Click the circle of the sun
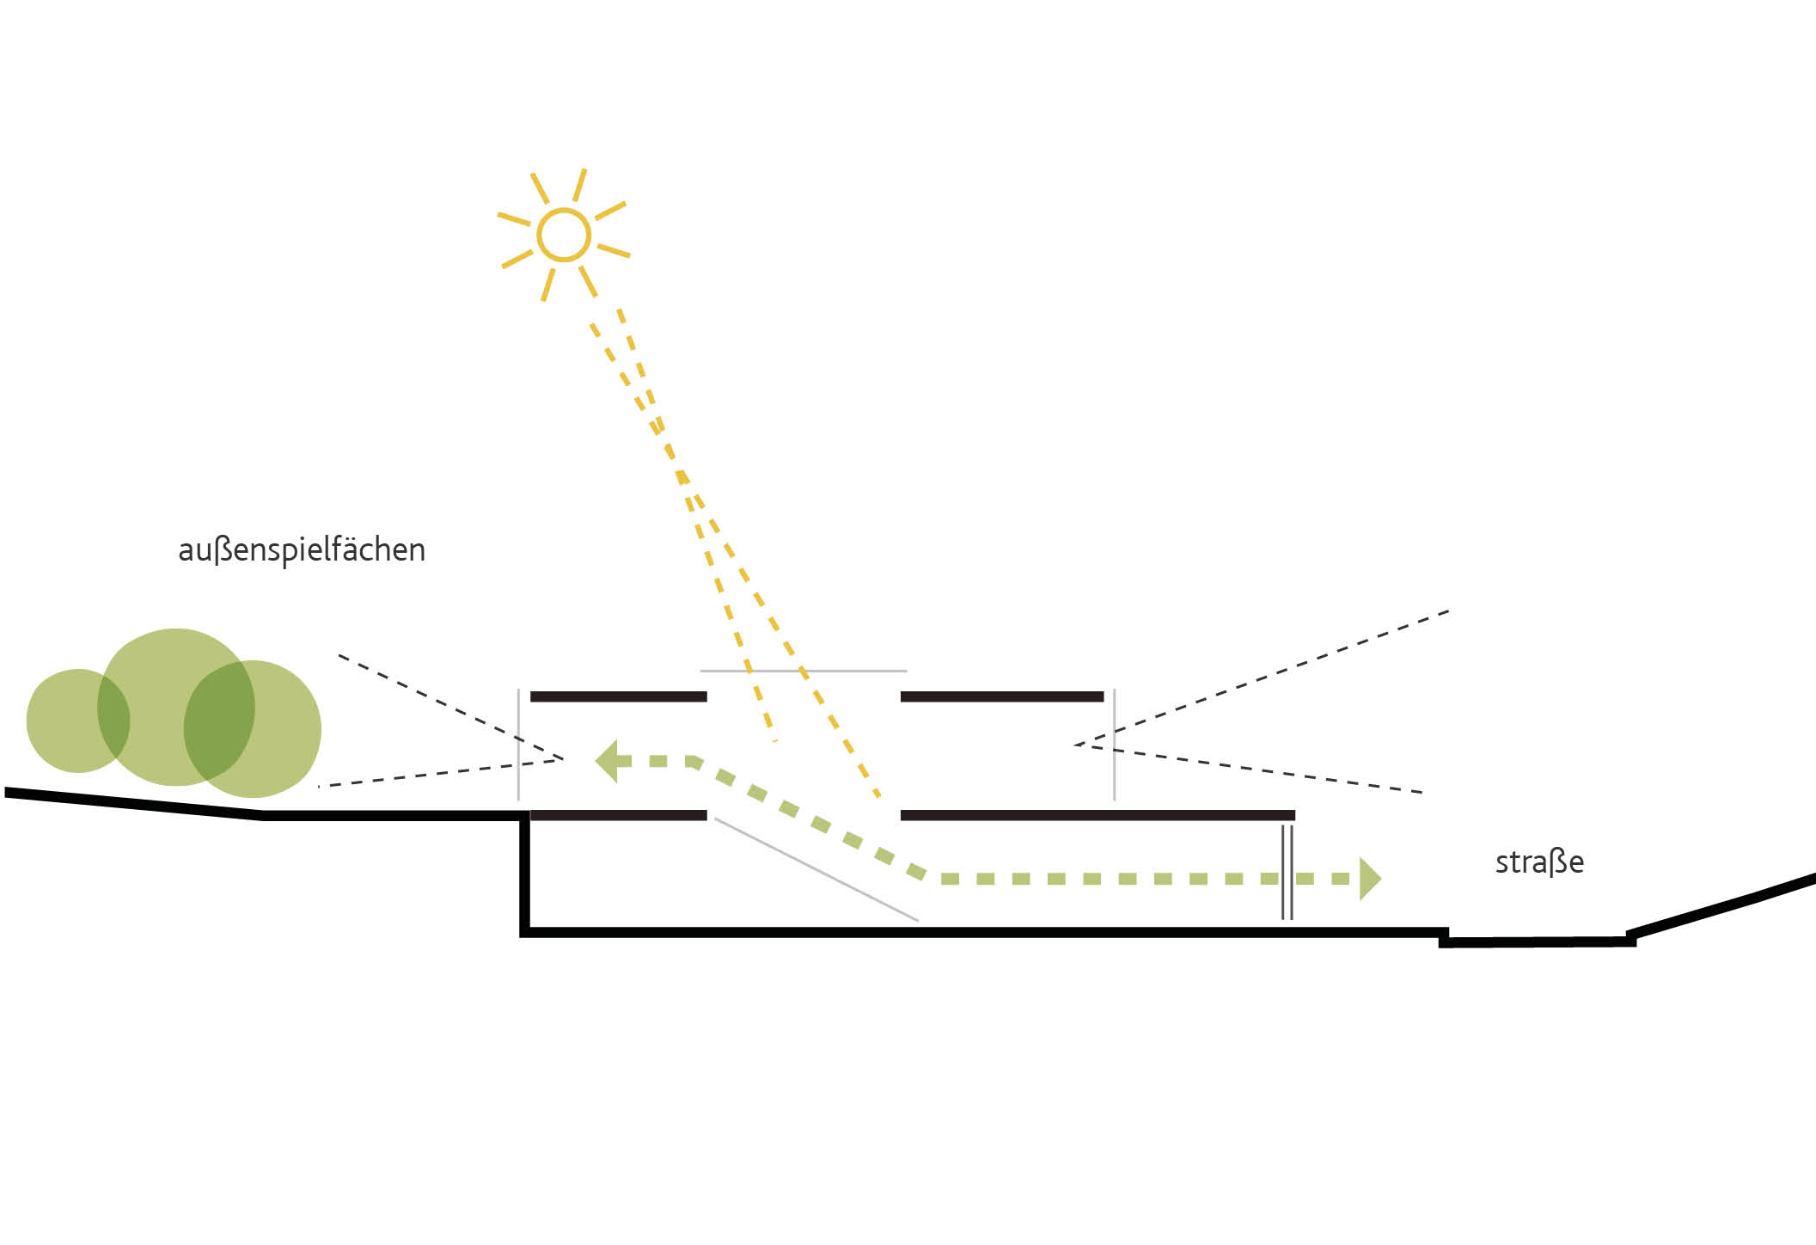click(564, 234)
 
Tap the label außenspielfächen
click(302, 550)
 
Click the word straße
click(1539, 862)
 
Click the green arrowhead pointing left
click(608, 761)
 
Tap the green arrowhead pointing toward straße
click(1369, 878)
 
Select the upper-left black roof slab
click(618, 696)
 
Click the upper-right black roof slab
click(1001, 696)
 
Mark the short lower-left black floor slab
click(618, 815)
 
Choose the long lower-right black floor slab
click(1097, 815)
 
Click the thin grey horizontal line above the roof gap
click(804, 671)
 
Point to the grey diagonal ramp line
click(816, 869)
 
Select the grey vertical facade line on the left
click(518, 745)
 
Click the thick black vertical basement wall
click(524, 873)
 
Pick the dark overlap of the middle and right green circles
click(219, 722)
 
